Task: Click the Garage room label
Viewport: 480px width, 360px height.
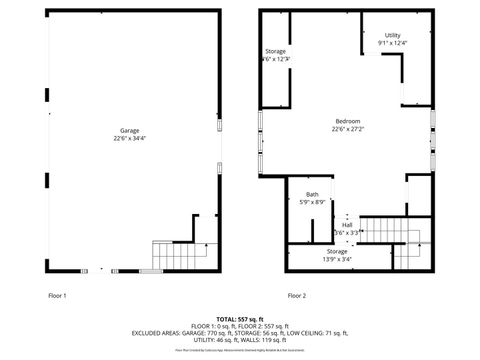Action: (130, 130)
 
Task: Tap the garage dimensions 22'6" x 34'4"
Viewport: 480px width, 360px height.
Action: (130, 138)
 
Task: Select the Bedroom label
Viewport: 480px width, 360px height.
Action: (347, 121)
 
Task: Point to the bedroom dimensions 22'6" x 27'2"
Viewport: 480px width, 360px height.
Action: (347, 129)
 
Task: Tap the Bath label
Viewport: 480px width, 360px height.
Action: (313, 194)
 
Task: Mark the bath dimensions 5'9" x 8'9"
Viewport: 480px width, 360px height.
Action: (313, 202)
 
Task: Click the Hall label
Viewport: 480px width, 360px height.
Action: (347, 225)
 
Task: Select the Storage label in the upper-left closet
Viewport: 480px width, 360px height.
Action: (275, 51)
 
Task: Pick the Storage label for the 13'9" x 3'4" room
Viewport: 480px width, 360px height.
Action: (337, 251)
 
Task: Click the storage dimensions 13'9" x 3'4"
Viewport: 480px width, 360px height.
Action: (337, 259)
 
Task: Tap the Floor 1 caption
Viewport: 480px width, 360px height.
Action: (57, 296)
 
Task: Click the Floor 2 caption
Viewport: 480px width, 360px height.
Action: (297, 296)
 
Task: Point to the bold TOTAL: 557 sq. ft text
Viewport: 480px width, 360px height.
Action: (240, 316)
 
